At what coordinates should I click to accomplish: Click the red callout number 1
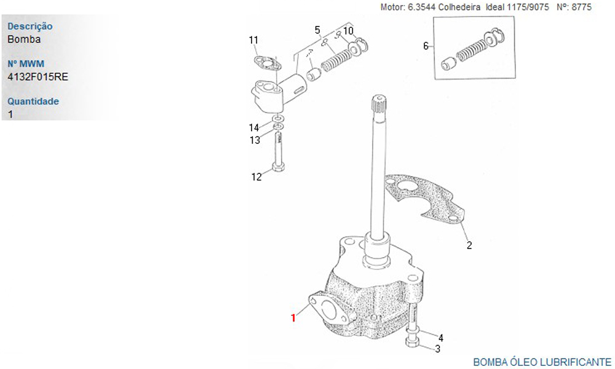[293, 317]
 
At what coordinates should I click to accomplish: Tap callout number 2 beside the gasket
[469, 245]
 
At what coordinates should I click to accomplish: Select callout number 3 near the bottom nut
[438, 349]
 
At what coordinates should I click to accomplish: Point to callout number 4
[441, 338]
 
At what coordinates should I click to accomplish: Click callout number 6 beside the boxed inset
[426, 46]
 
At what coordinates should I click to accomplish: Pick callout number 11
[253, 40]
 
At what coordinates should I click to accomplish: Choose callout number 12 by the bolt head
[256, 177]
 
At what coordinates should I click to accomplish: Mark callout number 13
[255, 140]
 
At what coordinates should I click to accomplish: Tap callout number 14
[254, 127]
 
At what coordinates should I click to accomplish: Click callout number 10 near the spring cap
[348, 31]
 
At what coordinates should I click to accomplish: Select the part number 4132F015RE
[38, 76]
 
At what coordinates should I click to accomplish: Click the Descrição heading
[30, 26]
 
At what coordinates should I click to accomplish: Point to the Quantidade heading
[33, 101]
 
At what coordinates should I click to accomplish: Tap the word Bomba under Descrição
[24, 39]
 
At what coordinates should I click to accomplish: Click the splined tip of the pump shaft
[379, 102]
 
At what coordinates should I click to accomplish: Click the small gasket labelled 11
[267, 62]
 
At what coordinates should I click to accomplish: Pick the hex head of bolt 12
[278, 168]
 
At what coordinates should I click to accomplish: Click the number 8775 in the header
[581, 7]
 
